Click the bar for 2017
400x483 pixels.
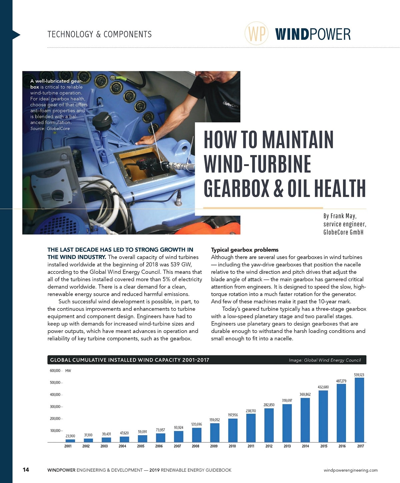[359, 410]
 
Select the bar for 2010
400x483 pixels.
[233, 430]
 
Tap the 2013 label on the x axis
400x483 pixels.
[287, 446]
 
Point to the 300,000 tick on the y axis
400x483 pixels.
[55, 407]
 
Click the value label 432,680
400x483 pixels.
[323, 387]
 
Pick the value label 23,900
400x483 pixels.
[70, 436]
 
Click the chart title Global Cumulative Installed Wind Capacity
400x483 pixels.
[129, 360]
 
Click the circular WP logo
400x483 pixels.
[256, 33]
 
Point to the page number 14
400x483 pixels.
[26, 470]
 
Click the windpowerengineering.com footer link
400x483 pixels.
[350, 470]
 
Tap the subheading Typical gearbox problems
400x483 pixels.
[245, 250]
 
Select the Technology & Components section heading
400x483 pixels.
[99, 34]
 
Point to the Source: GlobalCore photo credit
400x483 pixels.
[50, 128]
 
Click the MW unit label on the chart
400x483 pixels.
[68, 371]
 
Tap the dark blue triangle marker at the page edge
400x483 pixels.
[16, 35]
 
